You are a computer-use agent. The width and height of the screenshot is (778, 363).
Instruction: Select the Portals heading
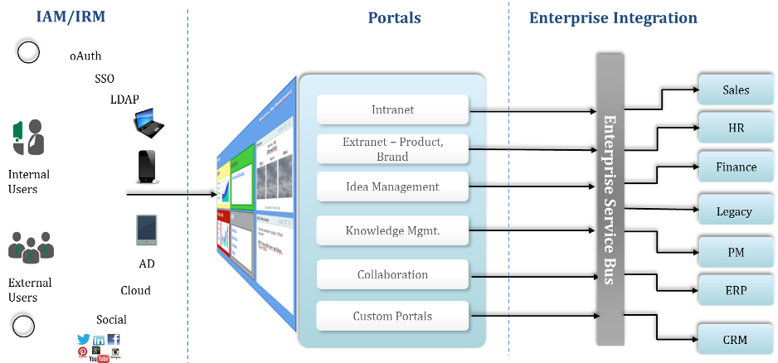click(x=394, y=17)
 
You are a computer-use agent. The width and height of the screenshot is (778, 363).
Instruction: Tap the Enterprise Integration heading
click(x=613, y=17)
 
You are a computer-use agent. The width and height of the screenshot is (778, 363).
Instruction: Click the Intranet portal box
click(x=392, y=109)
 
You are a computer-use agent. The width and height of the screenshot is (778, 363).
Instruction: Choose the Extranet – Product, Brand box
click(x=392, y=149)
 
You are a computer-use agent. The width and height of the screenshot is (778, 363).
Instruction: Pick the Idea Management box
click(x=392, y=186)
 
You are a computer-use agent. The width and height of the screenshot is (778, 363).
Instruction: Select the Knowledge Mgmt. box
click(x=392, y=230)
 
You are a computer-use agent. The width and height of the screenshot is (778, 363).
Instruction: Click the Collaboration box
click(x=392, y=274)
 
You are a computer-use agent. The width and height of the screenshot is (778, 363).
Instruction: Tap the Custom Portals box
click(x=392, y=316)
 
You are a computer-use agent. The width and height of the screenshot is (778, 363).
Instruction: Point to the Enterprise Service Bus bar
click(x=610, y=200)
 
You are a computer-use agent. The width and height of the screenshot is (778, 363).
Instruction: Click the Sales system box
click(x=736, y=90)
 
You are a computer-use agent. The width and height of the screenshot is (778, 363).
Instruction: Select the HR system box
click(x=736, y=128)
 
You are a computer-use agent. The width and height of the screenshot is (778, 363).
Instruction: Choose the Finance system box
click(x=736, y=167)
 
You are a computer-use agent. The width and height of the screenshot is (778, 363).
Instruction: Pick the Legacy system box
click(x=736, y=211)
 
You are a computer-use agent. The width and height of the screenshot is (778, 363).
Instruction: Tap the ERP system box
click(x=736, y=290)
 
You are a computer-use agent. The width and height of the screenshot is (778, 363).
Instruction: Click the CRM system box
click(x=736, y=340)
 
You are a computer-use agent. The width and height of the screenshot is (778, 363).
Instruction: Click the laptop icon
click(x=148, y=122)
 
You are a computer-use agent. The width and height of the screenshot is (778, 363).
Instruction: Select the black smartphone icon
click(x=147, y=167)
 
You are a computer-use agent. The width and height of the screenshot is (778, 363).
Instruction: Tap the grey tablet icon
click(x=147, y=230)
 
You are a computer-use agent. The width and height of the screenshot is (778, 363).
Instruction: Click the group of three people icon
click(x=31, y=248)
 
